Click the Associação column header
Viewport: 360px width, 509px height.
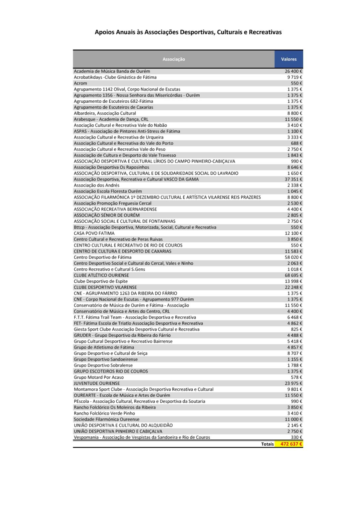coord(174,59)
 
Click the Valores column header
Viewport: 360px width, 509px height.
coord(289,59)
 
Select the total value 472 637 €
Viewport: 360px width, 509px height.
coord(291,444)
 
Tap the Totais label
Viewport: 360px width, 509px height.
coord(267,444)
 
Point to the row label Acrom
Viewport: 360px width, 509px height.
coord(81,83)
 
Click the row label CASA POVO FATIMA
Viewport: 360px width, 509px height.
coord(94,233)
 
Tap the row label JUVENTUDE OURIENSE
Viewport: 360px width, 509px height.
coord(97,383)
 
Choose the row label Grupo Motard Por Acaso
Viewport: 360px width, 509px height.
coord(99,377)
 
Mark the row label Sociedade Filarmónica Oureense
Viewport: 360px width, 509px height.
coord(106,419)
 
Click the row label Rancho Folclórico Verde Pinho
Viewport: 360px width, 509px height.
coord(104,413)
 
